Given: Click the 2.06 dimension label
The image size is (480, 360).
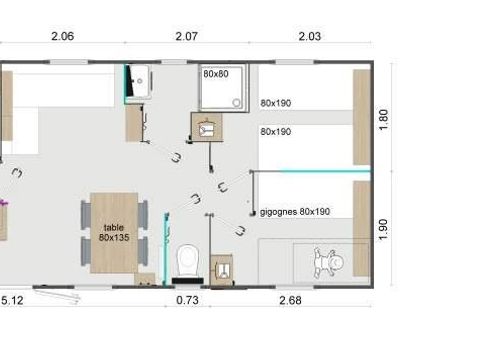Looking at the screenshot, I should pyautogui.click(x=63, y=37).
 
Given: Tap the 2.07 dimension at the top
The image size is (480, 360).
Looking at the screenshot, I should pyautogui.click(x=186, y=37).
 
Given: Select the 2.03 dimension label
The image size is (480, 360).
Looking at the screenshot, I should pyautogui.click(x=309, y=37).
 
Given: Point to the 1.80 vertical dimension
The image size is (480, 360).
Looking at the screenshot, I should pyautogui.click(x=383, y=121).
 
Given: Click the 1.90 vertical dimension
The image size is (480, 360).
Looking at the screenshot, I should pyautogui.click(x=383, y=227).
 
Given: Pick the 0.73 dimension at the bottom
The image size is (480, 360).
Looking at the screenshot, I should pyautogui.click(x=186, y=299).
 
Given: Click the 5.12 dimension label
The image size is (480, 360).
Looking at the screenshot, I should pyautogui.click(x=12, y=299).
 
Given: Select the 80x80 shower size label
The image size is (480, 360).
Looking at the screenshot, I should pyautogui.click(x=216, y=74).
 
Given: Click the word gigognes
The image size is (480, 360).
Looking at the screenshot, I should pyautogui.click(x=279, y=212).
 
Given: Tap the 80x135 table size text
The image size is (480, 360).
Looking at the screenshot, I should pyautogui.click(x=114, y=237).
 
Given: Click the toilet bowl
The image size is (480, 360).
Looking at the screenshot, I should pyautogui.click(x=187, y=261).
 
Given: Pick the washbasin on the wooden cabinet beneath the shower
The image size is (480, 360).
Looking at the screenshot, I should pyautogui.click(x=206, y=127).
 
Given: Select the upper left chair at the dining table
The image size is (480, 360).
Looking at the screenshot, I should pyautogui.click(x=84, y=213).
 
